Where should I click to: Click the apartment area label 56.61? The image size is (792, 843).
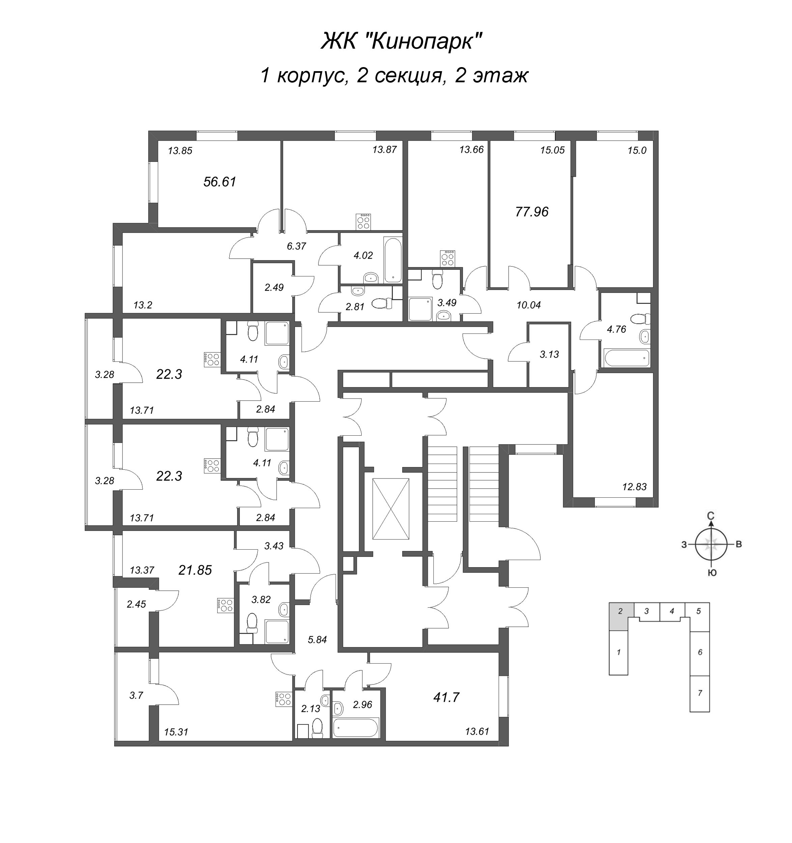pos(220,182)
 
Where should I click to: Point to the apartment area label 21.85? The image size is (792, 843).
pos(195,570)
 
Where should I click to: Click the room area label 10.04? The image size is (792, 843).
pos(529,305)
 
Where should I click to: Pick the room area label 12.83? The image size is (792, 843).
pos(634,487)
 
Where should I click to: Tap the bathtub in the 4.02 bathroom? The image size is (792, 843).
pos(393,260)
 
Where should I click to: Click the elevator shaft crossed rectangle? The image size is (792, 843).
pos(391,509)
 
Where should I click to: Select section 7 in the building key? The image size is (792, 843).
pos(700,693)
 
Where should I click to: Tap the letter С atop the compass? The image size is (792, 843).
pos(711,516)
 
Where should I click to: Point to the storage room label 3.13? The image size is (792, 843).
pos(549,354)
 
